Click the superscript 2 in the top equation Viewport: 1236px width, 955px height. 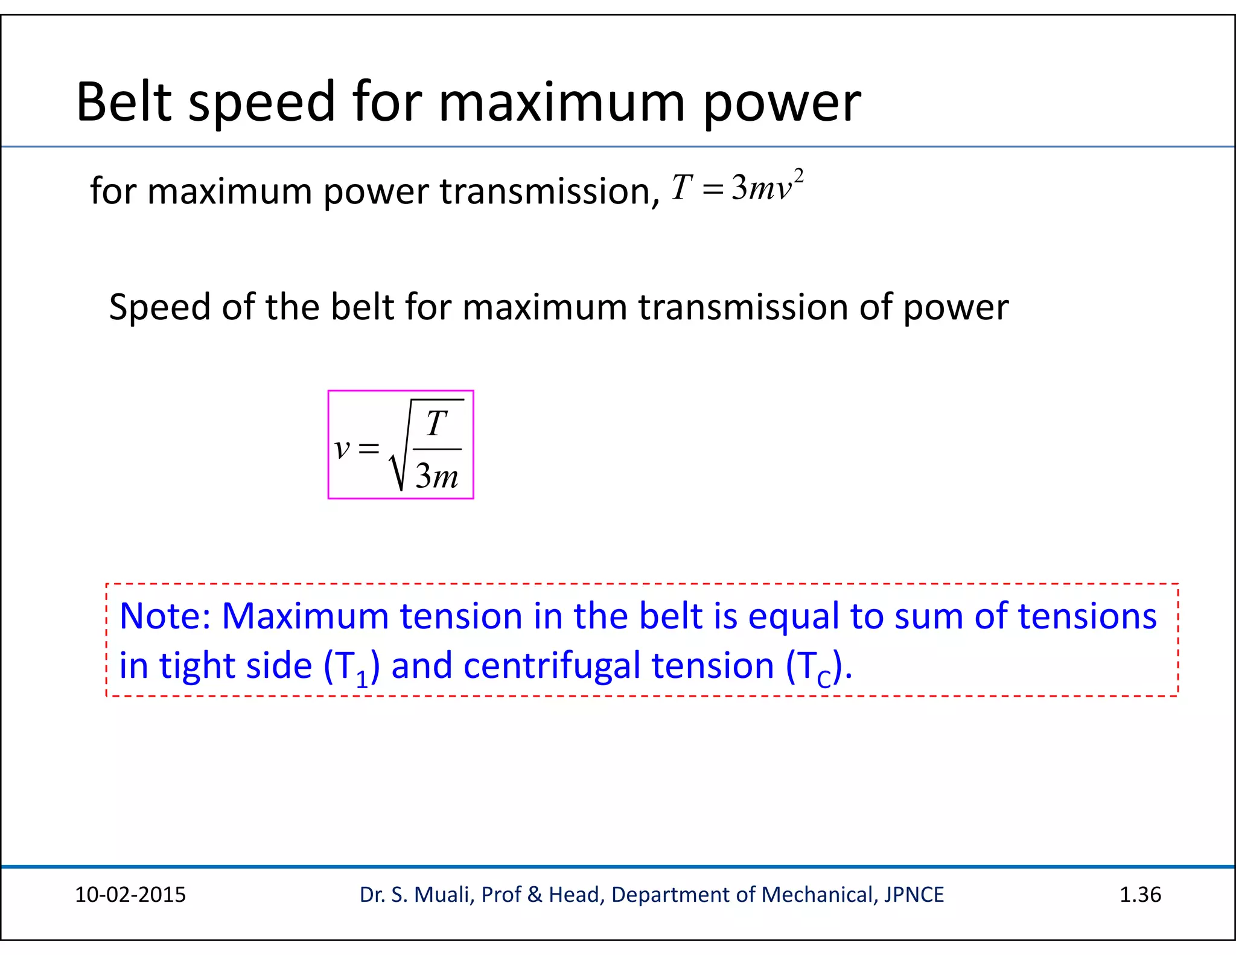(x=798, y=176)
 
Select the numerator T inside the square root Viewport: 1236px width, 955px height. (x=437, y=423)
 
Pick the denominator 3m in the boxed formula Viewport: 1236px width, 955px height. (x=437, y=476)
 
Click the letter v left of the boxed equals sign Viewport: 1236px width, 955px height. (x=342, y=448)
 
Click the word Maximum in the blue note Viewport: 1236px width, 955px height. (x=305, y=616)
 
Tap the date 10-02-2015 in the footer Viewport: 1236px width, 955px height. (x=130, y=895)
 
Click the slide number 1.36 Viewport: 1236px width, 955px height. (x=1140, y=895)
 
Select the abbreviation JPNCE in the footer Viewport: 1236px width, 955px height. (x=914, y=895)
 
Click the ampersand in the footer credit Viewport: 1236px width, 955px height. (x=535, y=895)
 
